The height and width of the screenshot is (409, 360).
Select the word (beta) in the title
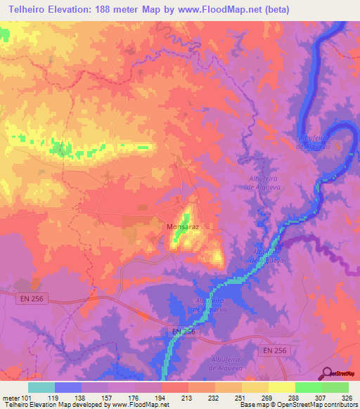pos(273,10)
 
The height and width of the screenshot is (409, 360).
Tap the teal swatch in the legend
pos(41,387)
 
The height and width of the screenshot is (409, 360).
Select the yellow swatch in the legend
pos(281,387)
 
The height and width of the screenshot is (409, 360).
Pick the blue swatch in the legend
pos(68,387)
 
